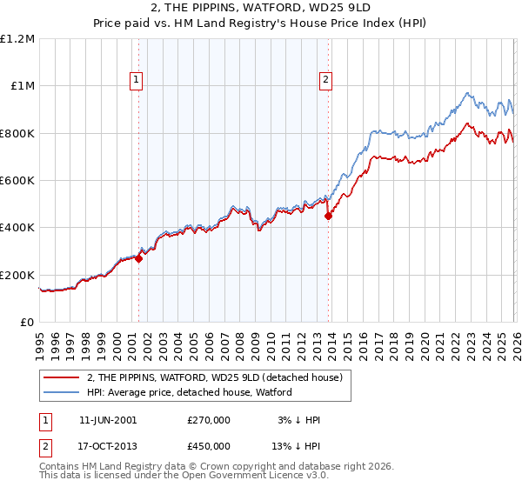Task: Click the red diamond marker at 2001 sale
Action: [138, 258]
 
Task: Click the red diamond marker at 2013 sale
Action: [328, 217]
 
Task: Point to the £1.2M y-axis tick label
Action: [17, 39]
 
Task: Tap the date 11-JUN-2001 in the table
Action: [107, 420]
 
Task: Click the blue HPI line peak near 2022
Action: [467, 93]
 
